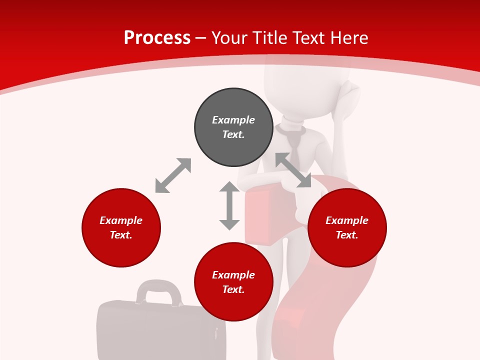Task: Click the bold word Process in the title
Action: coord(157,38)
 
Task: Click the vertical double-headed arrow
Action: coord(229,205)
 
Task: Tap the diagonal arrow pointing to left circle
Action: coord(173,175)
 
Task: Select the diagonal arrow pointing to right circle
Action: coord(293,170)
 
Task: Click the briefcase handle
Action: coord(159,289)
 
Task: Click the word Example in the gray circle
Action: coord(233,120)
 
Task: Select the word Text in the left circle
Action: coord(121,235)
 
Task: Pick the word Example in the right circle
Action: coord(347,220)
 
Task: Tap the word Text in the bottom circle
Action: coord(233,289)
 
